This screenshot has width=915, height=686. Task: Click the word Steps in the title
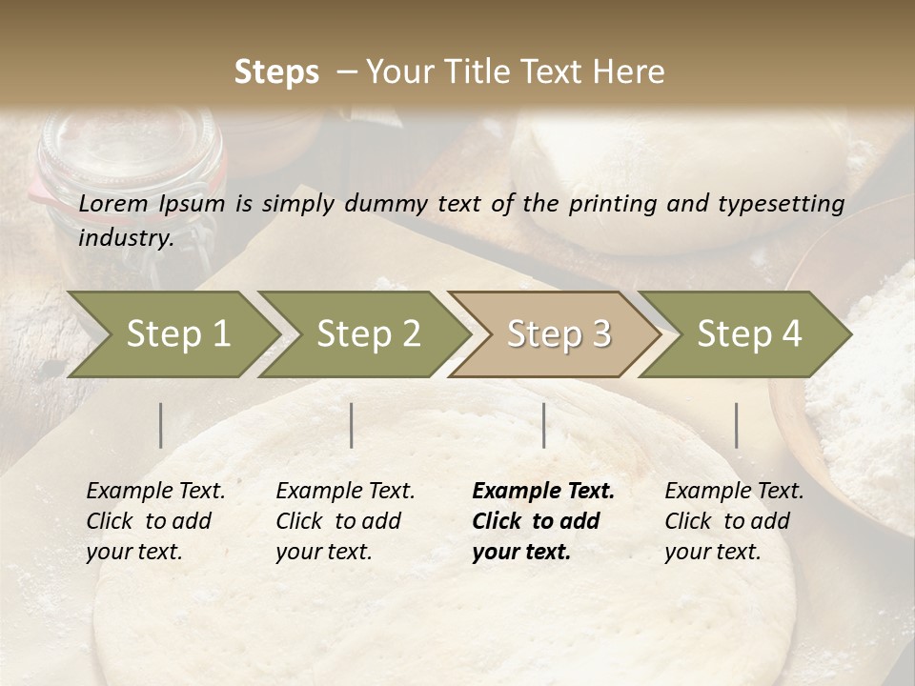[x=276, y=72]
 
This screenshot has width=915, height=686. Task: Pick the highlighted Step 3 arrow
[x=559, y=333]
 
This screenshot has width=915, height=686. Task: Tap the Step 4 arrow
[x=749, y=333]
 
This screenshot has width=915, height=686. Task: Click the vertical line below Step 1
[x=160, y=425]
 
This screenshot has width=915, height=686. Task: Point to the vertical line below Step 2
[x=352, y=425]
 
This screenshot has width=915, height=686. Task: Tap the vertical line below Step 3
[x=543, y=425]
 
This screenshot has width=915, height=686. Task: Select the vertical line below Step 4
[x=736, y=425]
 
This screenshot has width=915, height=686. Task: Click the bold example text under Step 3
[x=542, y=521]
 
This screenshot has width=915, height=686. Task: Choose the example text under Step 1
[x=155, y=521]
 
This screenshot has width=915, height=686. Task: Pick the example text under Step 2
[x=345, y=521]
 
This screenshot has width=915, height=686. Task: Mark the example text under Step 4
[x=734, y=521]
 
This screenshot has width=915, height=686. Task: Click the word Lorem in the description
[x=113, y=203]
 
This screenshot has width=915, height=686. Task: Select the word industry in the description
[x=124, y=237]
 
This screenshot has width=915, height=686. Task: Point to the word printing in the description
[x=610, y=203]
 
